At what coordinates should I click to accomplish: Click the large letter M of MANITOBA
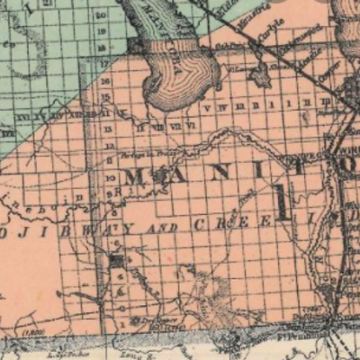tap(136, 176)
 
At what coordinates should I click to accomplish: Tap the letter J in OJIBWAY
tap(26, 236)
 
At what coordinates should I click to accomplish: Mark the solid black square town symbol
tap(116, 262)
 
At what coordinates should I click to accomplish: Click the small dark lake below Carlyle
tap(262, 76)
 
